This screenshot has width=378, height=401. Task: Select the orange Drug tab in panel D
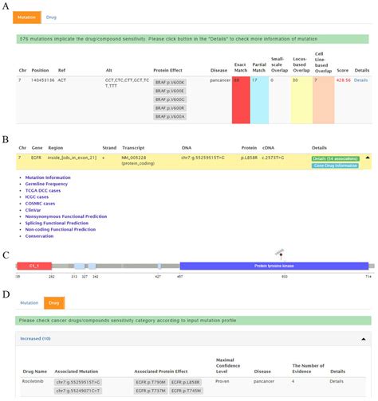click(x=53, y=302)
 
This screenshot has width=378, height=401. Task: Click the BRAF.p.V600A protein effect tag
click(x=169, y=116)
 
